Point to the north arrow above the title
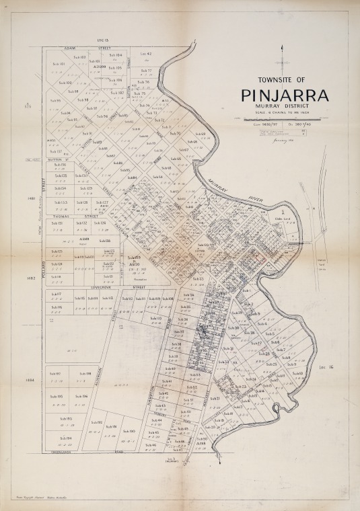pyautogui.click(x=283, y=57)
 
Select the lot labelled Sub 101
pyautogui.click(x=58, y=65)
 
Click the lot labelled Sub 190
pyautogui.click(x=131, y=431)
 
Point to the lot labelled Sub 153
pyautogui.click(x=61, y=202)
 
